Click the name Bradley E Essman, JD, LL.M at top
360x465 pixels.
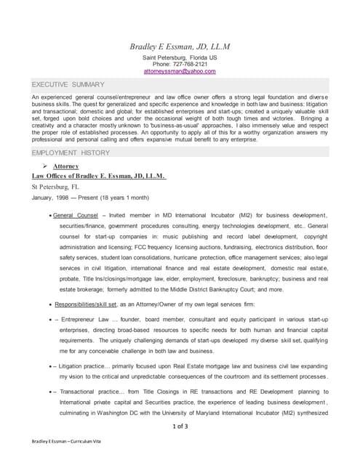click(x=180, y=46)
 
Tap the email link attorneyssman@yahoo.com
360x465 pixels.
click(x=180, y=71)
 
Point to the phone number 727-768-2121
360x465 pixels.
click(x=191, y=64)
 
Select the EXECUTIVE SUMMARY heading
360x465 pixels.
click(x=68, y=85)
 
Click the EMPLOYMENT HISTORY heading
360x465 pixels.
click(x=71, y=153)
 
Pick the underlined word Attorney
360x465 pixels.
click(x=66, y=166)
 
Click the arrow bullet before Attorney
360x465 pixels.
click(x=46, y=166)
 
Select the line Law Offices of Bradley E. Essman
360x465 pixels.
click(x=99, y=175)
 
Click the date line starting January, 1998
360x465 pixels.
click(x=90, y=198)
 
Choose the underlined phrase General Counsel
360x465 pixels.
click(x=76, y=216)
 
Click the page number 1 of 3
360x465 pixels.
click(x=180, y=426)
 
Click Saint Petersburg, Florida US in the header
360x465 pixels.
click(x=180, y=57)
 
